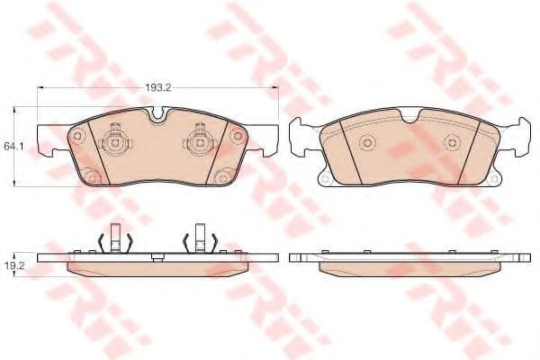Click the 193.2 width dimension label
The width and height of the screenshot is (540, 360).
158,88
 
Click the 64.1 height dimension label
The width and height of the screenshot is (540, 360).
13,144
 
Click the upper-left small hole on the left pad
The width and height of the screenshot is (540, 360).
76,137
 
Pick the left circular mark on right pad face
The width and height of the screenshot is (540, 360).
367,143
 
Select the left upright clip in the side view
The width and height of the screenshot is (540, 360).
113,238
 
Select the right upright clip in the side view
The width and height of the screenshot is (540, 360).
200,238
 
